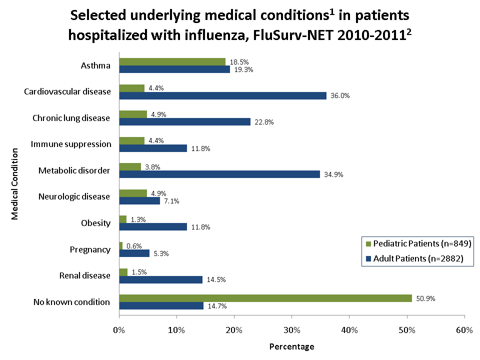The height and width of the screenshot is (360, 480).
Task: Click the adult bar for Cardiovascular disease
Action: coord(222,95)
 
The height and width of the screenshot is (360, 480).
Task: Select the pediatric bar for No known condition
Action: coord(265,298)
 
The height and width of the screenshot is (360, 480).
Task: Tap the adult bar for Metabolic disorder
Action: coord(219,174)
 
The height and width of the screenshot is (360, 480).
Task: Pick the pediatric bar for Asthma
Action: coord(172,61)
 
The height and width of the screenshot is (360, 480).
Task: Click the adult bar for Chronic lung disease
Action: coord(184,122)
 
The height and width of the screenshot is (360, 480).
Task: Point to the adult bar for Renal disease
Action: coord(161,279)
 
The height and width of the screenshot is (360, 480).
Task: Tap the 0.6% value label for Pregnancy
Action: coord(134,246)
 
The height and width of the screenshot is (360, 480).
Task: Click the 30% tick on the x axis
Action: coord(292,329)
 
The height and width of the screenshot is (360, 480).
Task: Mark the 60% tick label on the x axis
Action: coord(464,329)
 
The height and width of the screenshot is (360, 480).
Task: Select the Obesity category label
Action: coord(95,223)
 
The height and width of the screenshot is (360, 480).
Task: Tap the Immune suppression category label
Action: coord(71,144)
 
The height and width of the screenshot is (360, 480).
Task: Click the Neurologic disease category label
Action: coord(74,196)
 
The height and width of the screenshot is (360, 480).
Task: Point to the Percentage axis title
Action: coord(292,346)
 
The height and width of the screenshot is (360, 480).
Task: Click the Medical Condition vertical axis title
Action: coord(15,183)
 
